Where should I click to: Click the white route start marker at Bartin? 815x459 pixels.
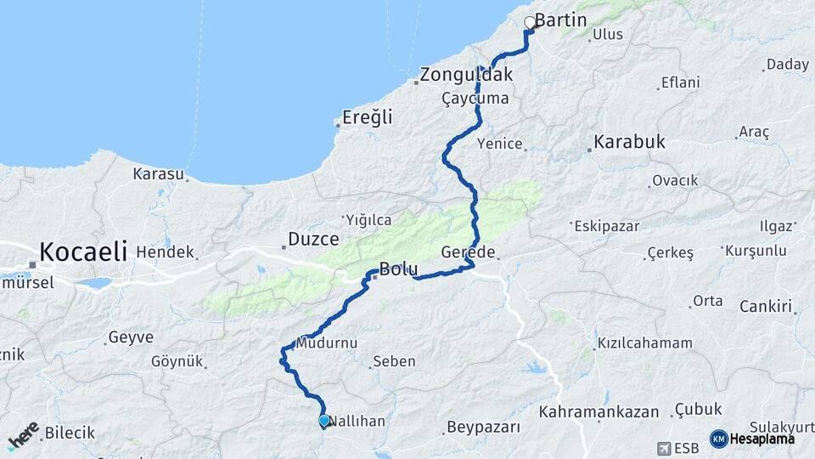(x=530, y=23)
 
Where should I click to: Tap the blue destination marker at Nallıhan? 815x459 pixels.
(x=323, y=420)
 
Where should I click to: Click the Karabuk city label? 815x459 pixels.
(x=629, y=142)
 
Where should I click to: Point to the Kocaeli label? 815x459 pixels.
(x=83, y=252)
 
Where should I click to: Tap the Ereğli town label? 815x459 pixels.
(x=368, y=118)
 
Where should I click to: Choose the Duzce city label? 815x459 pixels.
(x=313, y=239)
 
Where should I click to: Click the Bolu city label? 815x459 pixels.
(x=397, y=270)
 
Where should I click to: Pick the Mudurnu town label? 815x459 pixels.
(x=327, y=343)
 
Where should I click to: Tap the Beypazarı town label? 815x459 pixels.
(x=482, y=427)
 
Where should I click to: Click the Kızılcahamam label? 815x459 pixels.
(x=645, y=343)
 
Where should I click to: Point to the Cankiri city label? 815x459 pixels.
(x=766, y=306)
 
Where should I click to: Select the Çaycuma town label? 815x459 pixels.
(x=475, y=99)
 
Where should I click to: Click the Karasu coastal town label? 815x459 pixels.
(x=158, y=174)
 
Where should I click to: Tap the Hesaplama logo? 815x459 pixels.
(x=758, y=439)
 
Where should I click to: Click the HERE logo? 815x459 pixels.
(x=23, y=436)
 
